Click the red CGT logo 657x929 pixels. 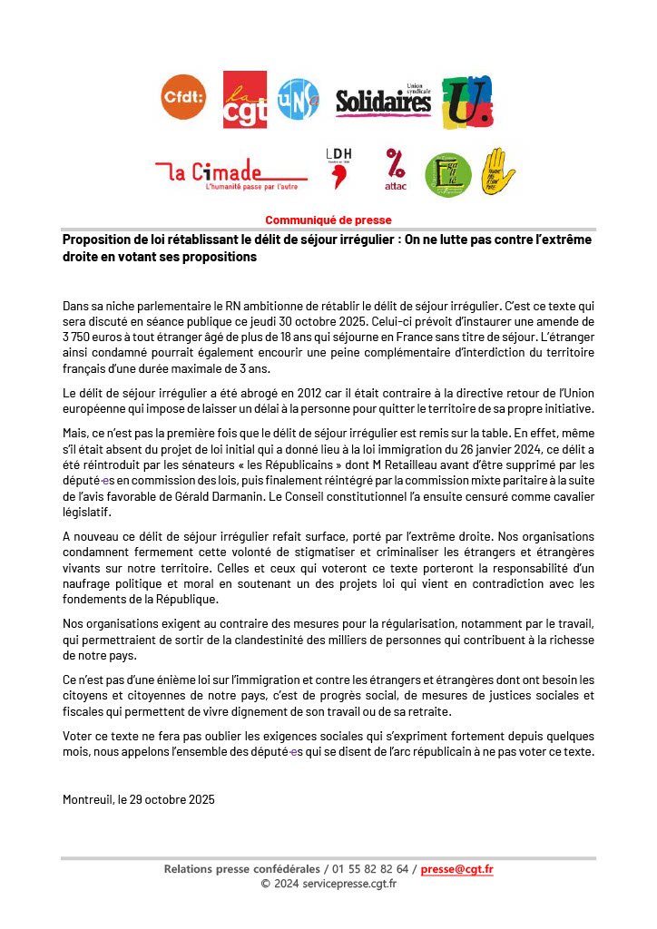point(245,99)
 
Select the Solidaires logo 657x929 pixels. point(384,101)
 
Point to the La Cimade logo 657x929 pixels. point(230,173)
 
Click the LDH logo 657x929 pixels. point(340,169)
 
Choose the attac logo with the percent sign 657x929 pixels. point(396,171)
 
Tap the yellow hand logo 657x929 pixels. point(496,171)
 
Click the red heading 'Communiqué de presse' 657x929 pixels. point(328,220)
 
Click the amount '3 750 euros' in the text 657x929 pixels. point(93,337)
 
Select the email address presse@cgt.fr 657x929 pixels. point(456,869)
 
